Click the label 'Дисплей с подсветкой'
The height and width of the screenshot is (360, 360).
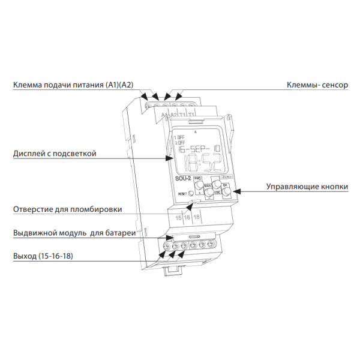click(55, 154)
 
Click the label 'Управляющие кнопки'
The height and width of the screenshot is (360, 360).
click(307, 187)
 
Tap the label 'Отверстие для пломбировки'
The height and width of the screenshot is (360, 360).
click(68, 209)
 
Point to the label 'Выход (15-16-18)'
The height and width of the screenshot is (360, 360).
click(46, 256)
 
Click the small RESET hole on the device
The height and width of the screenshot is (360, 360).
click(190, 193)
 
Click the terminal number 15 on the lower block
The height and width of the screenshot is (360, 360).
click(179, 217)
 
